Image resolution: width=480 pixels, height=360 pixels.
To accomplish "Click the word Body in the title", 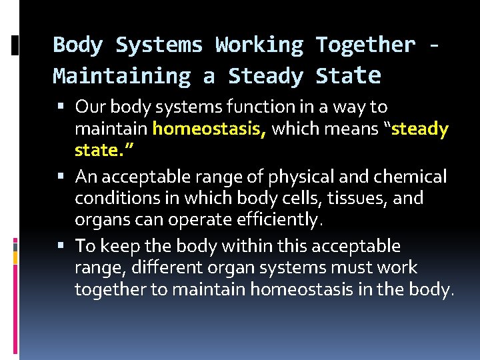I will click(x=77, y=45).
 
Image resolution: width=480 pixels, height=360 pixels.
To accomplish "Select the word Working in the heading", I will click(x=257, y=45).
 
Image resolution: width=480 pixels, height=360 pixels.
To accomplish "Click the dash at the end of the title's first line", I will click(x=435, y=45).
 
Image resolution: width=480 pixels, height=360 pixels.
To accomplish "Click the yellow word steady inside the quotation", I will click(x=421, y=129).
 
